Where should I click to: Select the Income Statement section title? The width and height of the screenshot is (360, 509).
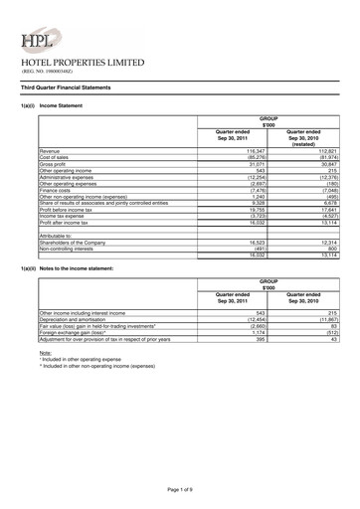point(62,106)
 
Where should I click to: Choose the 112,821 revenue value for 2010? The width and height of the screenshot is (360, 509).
point(325,152)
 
